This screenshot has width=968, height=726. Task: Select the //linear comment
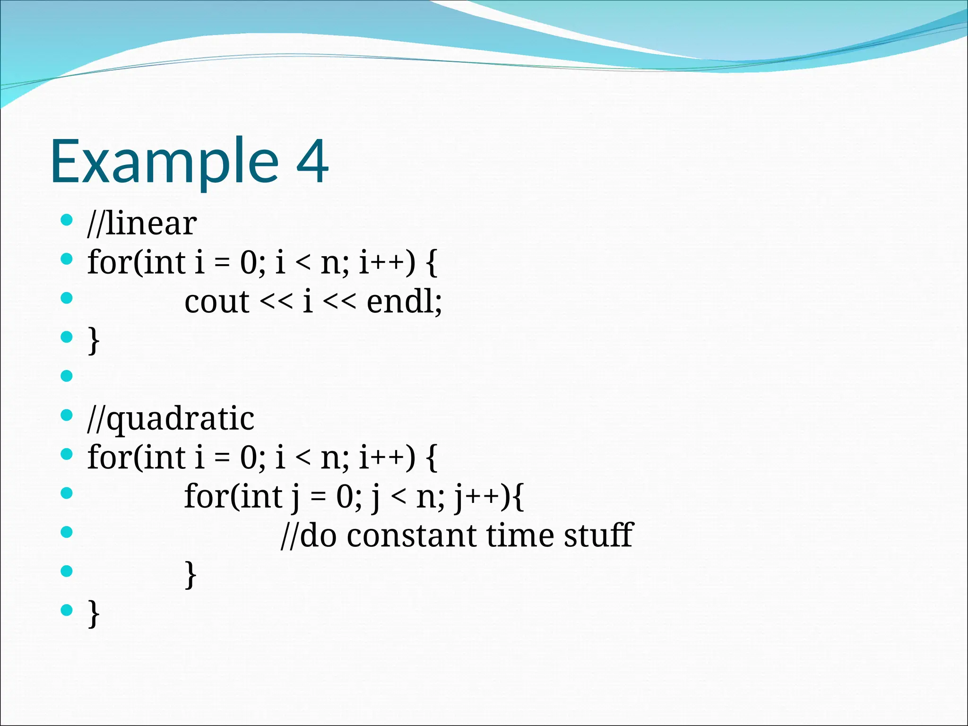click(142, 223)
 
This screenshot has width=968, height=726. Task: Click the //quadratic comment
click(171, 419)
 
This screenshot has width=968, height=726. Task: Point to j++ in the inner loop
click(477, 497)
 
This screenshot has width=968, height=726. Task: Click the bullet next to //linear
click(67, 219)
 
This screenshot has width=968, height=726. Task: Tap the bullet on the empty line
click(67, 376)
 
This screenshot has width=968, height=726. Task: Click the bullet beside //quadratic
click(67, 415)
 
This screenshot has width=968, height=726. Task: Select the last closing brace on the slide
click(94, 614)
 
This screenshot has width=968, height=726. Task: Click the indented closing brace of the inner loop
click(190, 574)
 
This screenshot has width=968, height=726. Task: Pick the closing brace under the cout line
click(94, 340)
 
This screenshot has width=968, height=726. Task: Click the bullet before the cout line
click(67, 298)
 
